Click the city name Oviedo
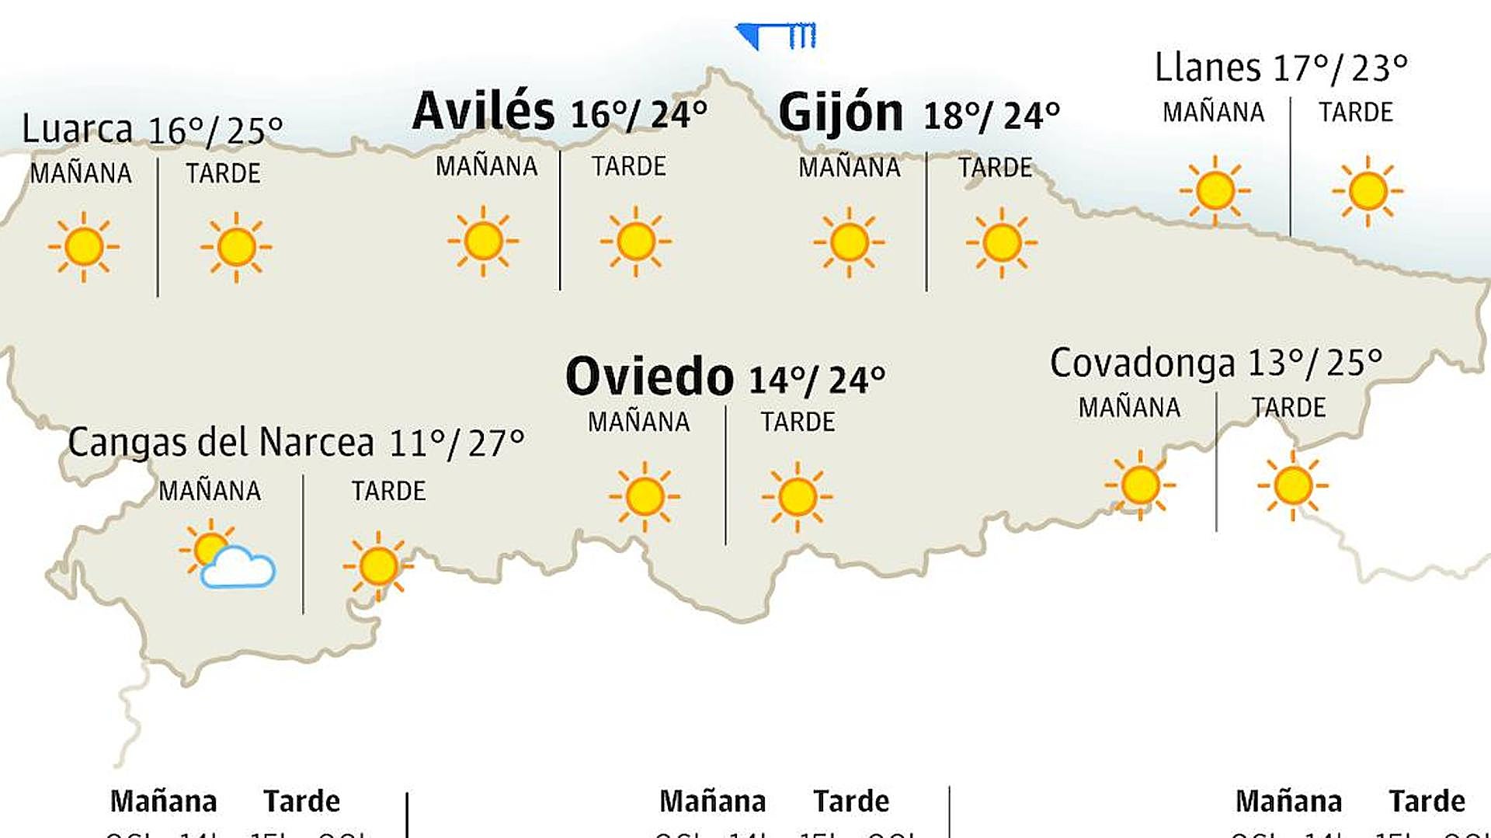[x=649, y=377]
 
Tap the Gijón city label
[x=841, y=113]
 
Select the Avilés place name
[x=483, y=111]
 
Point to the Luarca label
[x=77, y=129]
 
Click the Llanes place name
[x=1208, y=68]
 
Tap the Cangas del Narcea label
[x=221, y=443]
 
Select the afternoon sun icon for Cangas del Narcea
[x=378, y=565]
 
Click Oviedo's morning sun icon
[x=644, y=496]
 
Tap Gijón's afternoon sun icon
[x=1001, y=242]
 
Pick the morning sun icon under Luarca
[x=84, y=247]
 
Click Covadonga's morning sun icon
[x=1140, y=485]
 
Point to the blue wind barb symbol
[x=776, y=35]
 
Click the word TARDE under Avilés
[x=628, y=166]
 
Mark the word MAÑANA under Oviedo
[x=638, y=422]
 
